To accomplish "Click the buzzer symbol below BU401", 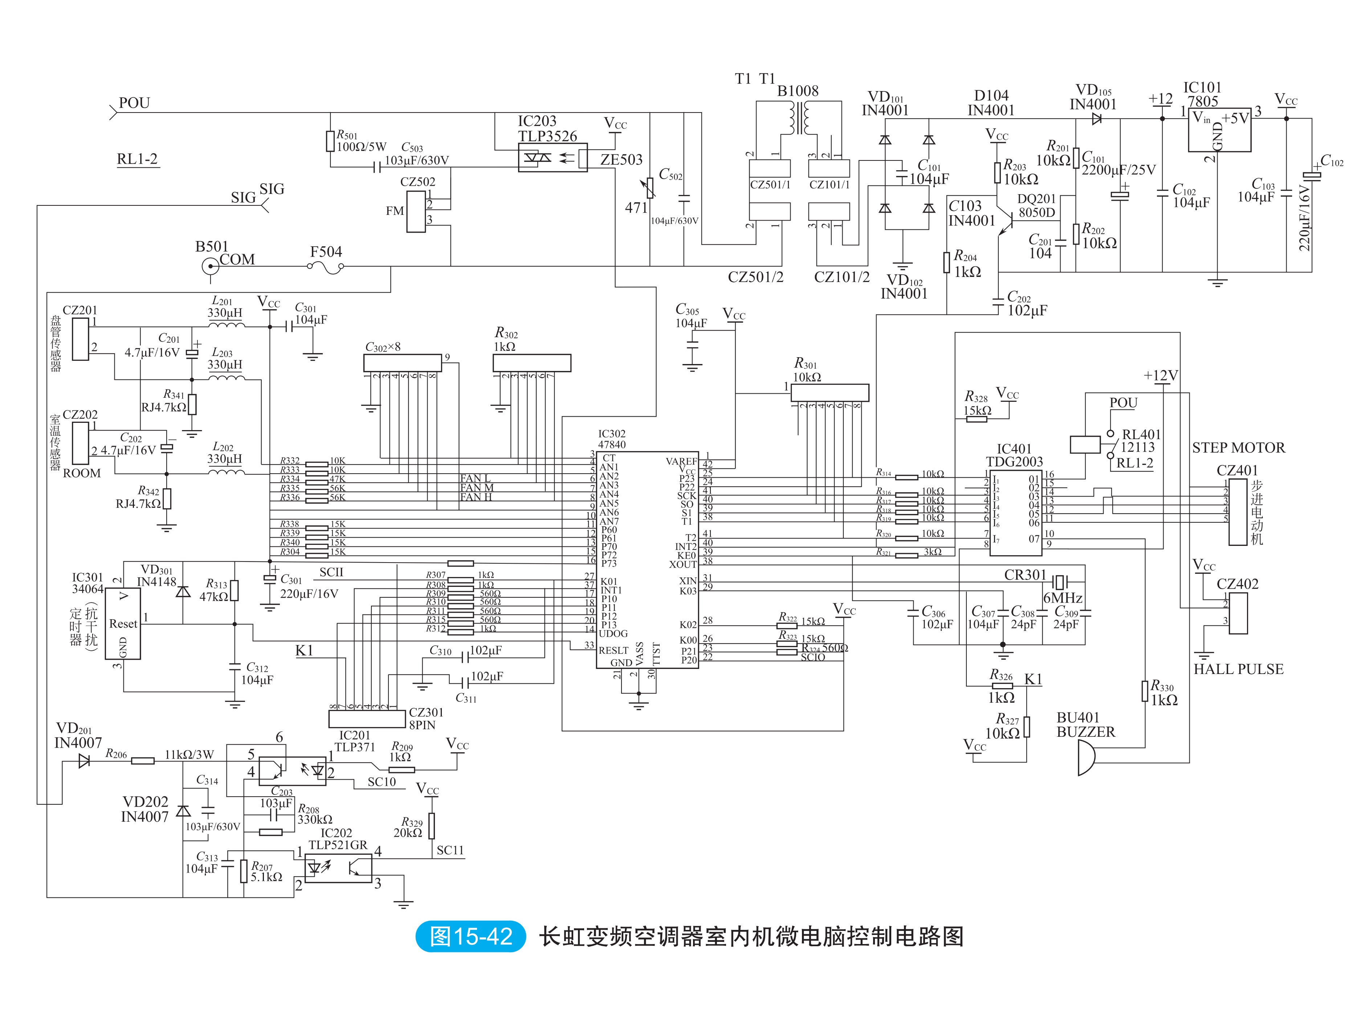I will (x=1085, y=757).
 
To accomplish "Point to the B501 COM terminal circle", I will (x=210, y=266).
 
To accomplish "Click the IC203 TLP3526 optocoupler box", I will (x=552, y=158).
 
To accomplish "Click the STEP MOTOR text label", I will (x=1238, y=448).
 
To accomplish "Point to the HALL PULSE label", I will (x=1238, y=669).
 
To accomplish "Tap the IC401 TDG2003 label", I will (x=1014, y=455).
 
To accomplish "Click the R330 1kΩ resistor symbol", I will (x=1144, y=691).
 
